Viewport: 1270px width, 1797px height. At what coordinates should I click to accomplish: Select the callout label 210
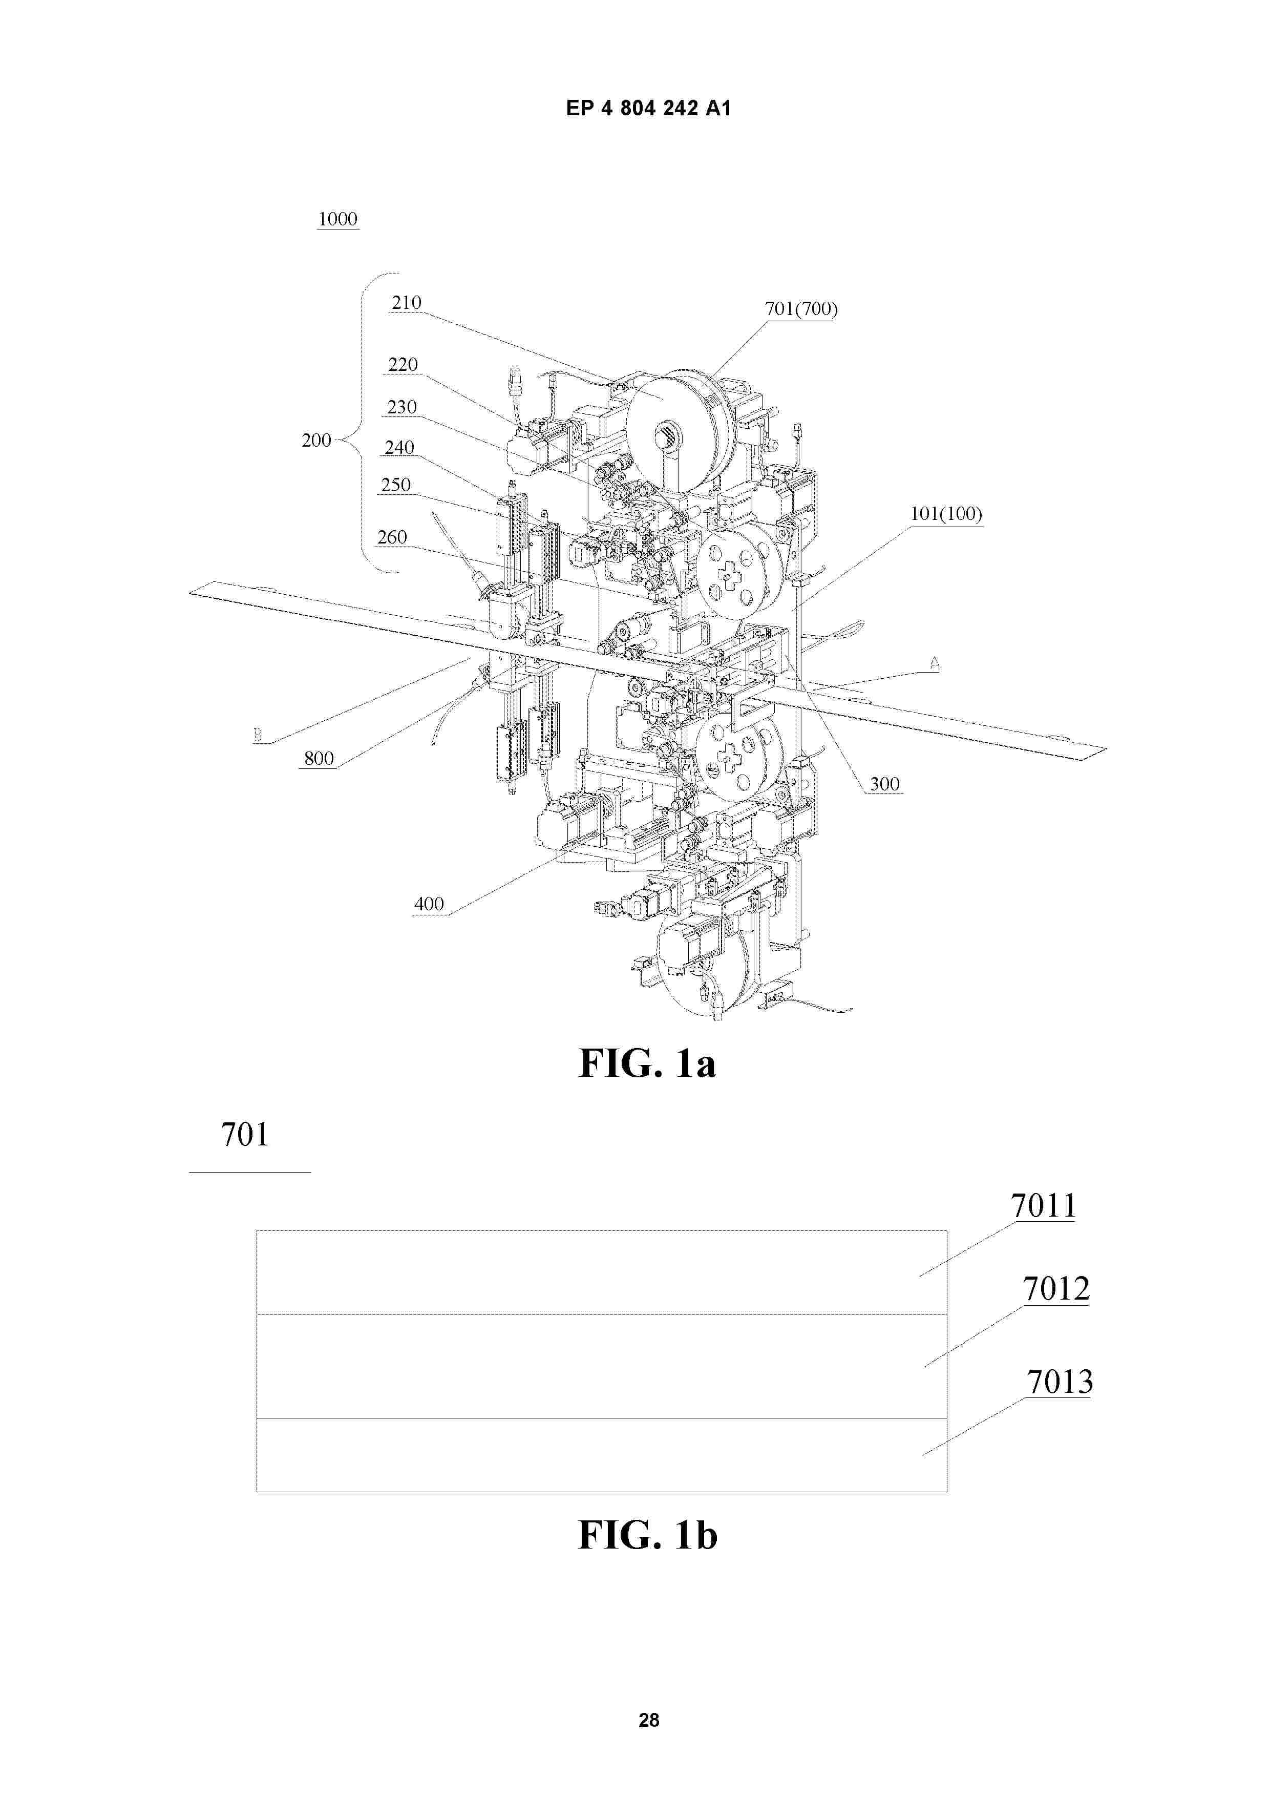(x=406, y=303)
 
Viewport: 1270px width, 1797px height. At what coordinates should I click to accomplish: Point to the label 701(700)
(x=800, y=309)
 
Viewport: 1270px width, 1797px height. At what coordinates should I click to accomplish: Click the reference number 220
(x=403, y=365)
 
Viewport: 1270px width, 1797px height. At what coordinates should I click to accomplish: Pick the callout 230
(x=402, y=407)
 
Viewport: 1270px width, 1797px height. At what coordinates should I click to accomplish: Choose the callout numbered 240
(x=399, y=448)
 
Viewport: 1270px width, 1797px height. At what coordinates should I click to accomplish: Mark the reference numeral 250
(x=396, y=485)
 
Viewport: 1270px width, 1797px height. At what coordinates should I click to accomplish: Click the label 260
(x=392, y=537)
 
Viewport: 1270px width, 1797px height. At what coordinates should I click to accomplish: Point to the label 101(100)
(x=946, y=514)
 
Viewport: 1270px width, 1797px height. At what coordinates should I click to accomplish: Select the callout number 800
(x=319, y=759)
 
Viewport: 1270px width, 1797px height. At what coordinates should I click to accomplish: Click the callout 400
(x=429, y=905)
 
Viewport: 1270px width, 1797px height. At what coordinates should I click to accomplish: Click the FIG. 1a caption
(x=647, y=1063)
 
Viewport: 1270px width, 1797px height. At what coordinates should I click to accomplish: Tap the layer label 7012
(x=1056, y=1288)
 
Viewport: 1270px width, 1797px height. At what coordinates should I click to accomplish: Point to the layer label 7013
(x=1060, y=1382)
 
